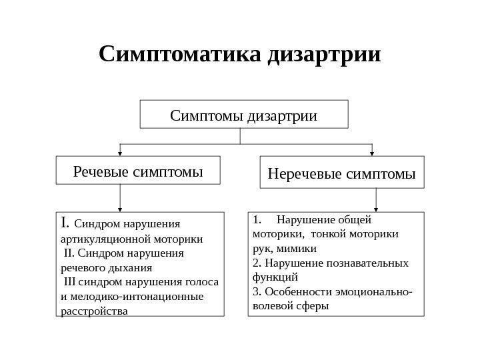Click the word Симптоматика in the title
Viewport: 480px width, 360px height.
(180, 53)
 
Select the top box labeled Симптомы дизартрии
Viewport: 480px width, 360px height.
(243, 115)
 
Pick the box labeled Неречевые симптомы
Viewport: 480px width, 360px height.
(341, 174)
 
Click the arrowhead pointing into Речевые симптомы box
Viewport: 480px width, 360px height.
(120, 153)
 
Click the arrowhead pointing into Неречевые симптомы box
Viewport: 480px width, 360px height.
(371, 153)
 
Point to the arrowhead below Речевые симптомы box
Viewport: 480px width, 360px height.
(120, 208)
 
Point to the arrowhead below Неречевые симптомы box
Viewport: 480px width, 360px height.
(377, 208)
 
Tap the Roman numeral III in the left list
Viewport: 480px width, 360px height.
(71, 282)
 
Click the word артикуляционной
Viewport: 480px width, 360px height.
(100, 238)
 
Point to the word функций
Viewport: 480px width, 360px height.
(275, 277)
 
